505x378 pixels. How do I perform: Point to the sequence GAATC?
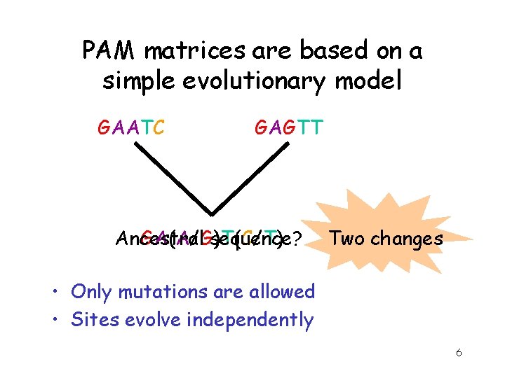click(131, 128)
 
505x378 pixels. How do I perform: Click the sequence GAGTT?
click(288, 128)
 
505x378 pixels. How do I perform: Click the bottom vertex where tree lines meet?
click(212, 213)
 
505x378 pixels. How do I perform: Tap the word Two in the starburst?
click(345, 239)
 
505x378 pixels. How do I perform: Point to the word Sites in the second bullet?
click(92, 320)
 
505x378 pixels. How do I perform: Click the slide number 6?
click(458, 353)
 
